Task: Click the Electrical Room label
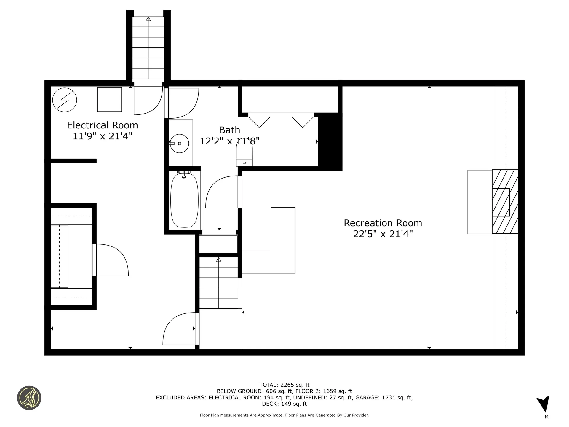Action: [x=103, y=125]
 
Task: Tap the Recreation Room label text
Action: [x=383, y=223]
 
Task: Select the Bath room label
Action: [x=230, y=130]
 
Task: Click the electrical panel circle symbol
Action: [x=65, y=100]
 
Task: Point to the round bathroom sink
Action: [x=179, y=144]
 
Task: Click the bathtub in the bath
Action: [x=184, y=200]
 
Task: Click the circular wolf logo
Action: [x=29, y=398]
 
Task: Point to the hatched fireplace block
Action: [x=505, y=202]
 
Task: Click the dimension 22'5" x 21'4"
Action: [x=383, y=234]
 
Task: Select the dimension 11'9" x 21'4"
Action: [x=103, y=136]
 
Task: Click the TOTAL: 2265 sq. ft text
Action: [x=284, y=385]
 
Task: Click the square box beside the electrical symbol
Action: [x=109, y=100]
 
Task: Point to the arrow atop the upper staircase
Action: [x=148, y=19]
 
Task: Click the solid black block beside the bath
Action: [x=330, y=142]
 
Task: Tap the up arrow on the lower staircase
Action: [x=219, y=260]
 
